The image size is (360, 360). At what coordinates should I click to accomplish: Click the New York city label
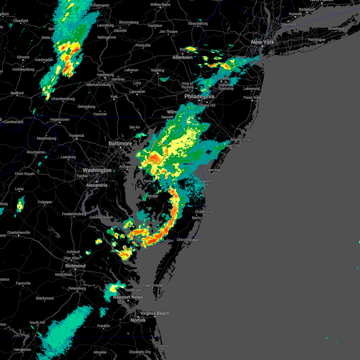262,42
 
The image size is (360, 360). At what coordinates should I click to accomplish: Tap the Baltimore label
120,144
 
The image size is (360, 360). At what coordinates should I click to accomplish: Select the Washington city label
97,170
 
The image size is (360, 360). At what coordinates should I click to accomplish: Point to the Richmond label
75,266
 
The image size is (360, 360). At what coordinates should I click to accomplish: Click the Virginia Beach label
154,313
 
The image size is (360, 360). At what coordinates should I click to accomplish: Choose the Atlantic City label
240,139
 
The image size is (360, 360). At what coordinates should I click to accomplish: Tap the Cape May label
213,170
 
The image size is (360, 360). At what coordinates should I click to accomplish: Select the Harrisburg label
105,75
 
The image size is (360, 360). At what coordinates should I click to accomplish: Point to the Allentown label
182,57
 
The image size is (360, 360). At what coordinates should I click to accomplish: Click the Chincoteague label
187,240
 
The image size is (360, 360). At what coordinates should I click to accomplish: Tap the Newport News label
128,297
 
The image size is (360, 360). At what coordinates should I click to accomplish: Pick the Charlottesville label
19,232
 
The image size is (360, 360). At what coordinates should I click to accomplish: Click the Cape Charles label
153,285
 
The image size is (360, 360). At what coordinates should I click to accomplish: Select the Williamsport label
100,5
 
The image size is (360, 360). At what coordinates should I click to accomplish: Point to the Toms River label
252,97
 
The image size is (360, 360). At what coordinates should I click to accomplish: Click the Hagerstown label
60,119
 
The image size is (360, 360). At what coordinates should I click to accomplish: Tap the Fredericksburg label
74,214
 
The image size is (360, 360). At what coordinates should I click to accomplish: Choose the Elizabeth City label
140,352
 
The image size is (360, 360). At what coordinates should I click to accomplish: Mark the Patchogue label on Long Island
316,40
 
